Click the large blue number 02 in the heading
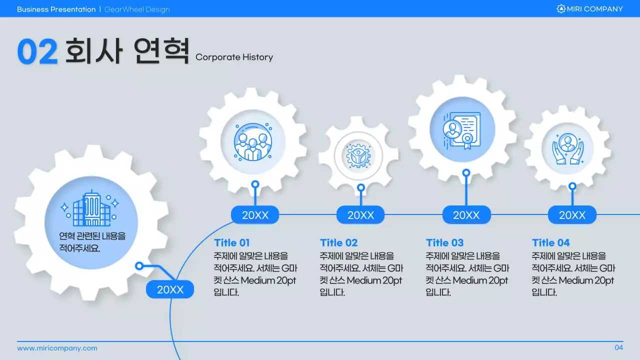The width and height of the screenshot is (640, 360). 37,51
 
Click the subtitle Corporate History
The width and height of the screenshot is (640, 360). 234,57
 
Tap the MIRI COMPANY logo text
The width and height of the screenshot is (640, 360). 594,9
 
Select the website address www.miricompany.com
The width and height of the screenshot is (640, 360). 57,348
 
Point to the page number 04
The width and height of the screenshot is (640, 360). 618,348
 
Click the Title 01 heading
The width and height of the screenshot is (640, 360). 231,243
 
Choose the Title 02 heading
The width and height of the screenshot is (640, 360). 338,243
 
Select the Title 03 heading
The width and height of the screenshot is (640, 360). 444,243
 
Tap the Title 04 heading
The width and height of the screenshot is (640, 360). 550,243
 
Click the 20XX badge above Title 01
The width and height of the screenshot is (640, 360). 255,215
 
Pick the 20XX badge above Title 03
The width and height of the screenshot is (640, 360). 466,215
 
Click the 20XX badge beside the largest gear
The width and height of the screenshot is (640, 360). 170,289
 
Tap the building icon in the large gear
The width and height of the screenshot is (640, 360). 90,208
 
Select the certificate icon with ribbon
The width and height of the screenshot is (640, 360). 461,129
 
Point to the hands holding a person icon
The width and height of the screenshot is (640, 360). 567,148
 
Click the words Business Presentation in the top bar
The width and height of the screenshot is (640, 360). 56,9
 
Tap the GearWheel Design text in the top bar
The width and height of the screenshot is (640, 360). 137,9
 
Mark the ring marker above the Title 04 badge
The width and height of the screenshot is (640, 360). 572,186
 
